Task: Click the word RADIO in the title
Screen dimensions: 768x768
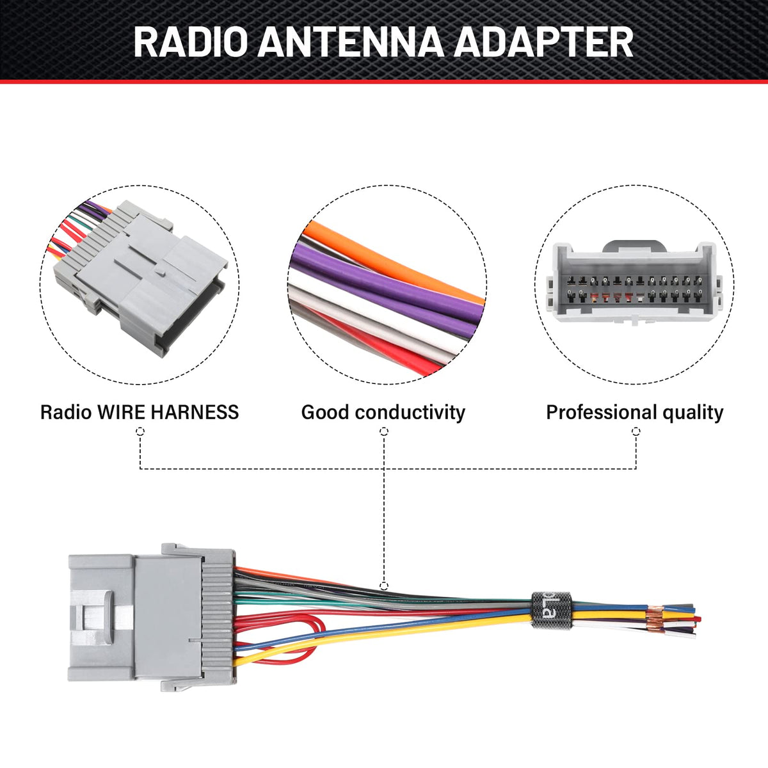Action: pyautogui.click(x=191, y=42)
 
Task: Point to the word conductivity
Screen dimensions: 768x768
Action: pyautogui.click(x=410, y=412)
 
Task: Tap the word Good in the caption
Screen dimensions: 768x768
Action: pyautogui.click(x=324, y=412)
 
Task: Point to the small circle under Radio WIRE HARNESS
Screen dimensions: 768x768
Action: pyautogui.click(x=140, y=431)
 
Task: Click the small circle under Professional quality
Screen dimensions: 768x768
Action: pyautogui.click(x=636, y=431)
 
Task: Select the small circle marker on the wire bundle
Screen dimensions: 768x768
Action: pyautogui.click(x=384, y=586)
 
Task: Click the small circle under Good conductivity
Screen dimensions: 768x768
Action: pyautogui.click(x=384, y=431)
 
